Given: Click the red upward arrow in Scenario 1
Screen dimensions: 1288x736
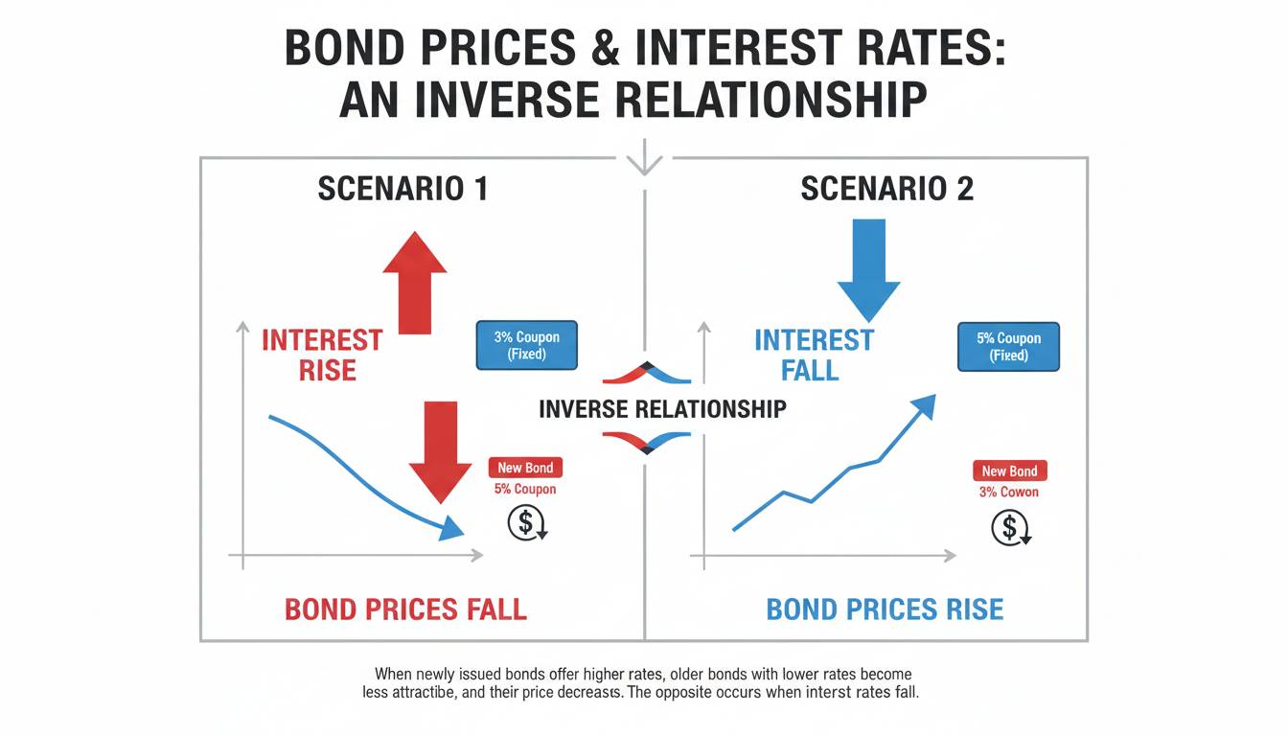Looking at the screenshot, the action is tap(415, 283).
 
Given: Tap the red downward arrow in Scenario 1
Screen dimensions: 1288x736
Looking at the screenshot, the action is tap(441, 452).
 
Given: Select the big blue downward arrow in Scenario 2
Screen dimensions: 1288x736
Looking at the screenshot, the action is tap(869, 270).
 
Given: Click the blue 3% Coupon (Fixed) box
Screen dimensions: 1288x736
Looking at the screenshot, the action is tap(527, 345).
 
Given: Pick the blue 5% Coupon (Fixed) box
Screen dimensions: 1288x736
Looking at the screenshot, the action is tap(1008, 347).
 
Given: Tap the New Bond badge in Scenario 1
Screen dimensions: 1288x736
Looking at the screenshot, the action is tap(525, 468).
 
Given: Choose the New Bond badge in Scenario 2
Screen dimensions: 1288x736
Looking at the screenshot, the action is tap(1010, 471).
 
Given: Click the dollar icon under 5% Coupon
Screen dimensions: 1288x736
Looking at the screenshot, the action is tap(527, 522).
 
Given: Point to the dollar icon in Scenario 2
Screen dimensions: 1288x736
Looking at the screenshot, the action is tap(1011, 527).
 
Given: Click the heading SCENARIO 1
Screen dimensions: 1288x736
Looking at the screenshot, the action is tap(403, 189).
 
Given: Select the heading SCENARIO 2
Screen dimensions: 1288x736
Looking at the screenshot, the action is tap(887, 189).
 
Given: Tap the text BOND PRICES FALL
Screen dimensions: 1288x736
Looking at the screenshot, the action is tap(406, 609).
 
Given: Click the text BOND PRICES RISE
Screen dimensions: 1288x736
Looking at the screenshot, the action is tap(885, 609).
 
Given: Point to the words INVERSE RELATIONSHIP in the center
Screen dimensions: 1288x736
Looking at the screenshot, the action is tap(663, 409).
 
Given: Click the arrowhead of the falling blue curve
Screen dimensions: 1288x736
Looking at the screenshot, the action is tap(452, 528).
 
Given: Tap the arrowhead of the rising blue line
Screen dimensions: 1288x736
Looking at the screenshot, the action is tap(925, 406).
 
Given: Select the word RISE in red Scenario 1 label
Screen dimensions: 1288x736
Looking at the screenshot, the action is tap(328, 370).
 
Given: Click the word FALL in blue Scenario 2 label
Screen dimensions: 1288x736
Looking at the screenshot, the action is tap(810, 370).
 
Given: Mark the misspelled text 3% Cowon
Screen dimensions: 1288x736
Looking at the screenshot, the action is tap(1009, 492).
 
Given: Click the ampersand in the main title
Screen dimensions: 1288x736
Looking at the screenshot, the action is tap(606, 47).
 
